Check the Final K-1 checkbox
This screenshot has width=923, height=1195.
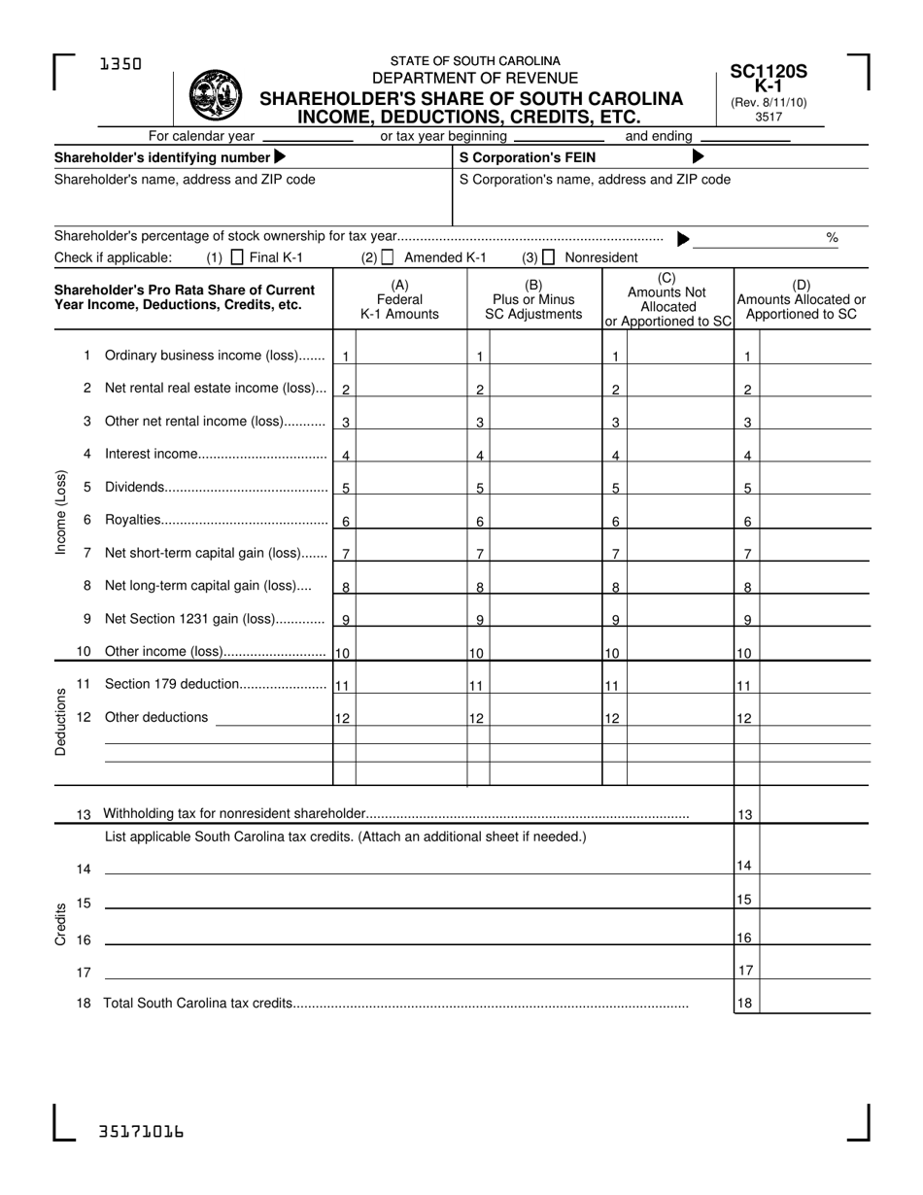tap(236, 257)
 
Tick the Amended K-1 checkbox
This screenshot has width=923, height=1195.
tap(388, 257)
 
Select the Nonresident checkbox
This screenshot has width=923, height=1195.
tap(549, 257)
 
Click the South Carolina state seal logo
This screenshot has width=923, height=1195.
tap(215, 95)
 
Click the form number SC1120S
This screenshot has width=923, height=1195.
tap(769, 71)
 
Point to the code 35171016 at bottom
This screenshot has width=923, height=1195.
tap(141, 1132)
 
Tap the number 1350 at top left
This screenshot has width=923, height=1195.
tap(120, 64)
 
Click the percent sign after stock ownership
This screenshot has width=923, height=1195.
tap(832, 237)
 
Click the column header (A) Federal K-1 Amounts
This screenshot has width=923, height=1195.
tap(399, 299)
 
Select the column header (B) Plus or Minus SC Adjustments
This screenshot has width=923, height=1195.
tap(533, 299)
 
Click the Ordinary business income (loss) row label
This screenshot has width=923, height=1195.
tap(215, 356)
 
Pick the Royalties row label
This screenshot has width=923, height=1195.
tap(131, 520)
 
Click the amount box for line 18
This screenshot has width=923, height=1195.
tap(814, 1001)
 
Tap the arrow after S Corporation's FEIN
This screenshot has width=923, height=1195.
tap(698, 157)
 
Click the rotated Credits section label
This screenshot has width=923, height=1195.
tap(61, 924)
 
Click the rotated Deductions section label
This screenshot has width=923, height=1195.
tap(61, 721)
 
